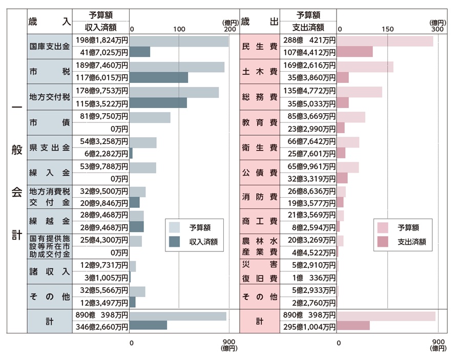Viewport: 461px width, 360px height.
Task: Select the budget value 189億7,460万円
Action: (x=101, y=66)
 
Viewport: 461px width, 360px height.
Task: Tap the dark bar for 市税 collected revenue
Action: (x=159, y=78)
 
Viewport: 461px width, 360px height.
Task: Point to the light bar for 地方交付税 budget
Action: (x=174, y=92)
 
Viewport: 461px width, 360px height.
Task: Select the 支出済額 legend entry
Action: (x=403, y=242)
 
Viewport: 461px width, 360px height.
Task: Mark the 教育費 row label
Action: (x=259, y=123)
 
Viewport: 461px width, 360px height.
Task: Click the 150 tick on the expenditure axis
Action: (x=388, y=30)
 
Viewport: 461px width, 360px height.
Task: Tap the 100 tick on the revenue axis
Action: (x=179, y=30)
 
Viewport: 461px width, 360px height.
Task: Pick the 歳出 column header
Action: (x=259, y=21)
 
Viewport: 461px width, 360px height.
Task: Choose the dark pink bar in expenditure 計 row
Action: (x=353, y=326)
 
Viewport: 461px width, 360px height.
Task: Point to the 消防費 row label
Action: (x=259, y=197)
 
